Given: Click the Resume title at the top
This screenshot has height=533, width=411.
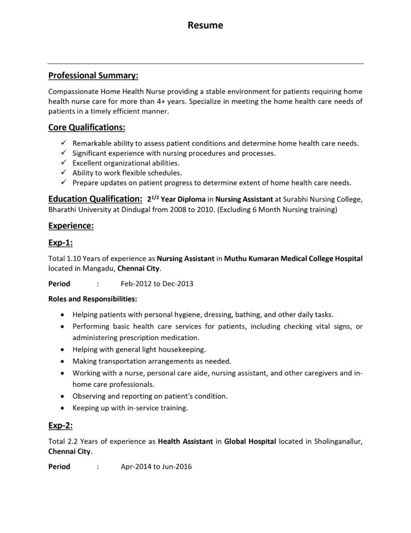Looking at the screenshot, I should [x=205, y=25].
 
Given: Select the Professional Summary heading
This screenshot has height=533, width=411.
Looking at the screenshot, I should [x=93, y=76].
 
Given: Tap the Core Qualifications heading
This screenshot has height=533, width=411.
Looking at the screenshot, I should [x=87, y=127].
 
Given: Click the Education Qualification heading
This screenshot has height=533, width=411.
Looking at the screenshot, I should [x=95, y=199].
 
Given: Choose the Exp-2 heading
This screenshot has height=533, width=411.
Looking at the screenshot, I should [x=60, y=426].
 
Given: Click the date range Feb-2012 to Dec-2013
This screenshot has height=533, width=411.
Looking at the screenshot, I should [x=157, y=284].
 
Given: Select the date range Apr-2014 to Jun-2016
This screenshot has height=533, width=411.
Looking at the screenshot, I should [x=156, y=466].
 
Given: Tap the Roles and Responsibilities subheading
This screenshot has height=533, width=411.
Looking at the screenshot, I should [x=92, y=299].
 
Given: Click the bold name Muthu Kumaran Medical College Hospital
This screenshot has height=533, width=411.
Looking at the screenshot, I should [x=293, y=258].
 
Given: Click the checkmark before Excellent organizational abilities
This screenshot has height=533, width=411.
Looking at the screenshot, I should [x=63, y=162].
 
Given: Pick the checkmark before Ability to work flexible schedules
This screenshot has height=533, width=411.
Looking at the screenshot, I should [x=63, y=172].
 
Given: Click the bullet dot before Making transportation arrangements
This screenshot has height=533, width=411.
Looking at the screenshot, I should [x=63, y=361].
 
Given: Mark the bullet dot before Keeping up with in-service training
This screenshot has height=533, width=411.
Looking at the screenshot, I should [x=63, y=408].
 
